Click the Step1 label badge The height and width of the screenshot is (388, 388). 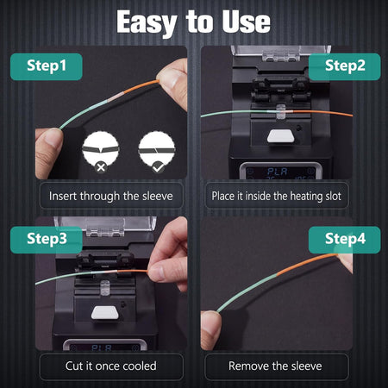tap(47, 66)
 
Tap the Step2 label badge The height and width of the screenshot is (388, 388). tap(345, 66)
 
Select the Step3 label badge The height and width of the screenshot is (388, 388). tap(47, 240)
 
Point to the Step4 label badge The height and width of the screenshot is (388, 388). tap(345, 240)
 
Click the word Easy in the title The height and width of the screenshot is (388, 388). tap(147, 23)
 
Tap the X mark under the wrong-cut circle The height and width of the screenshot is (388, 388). tap(101, 167)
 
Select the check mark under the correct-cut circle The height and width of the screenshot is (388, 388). tap(158, 167)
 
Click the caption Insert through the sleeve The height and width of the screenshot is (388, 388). tap(111, 196)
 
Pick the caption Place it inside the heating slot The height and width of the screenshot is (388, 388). tap(277, 196)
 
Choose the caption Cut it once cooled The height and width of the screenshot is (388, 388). tap(111, 366)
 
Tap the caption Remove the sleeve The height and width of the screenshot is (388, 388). tap(275, 366)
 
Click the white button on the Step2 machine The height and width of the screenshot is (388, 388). tap(281, 136)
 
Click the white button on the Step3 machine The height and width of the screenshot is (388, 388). tap(105, 313)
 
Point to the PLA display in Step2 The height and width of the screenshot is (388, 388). tap(278, 172)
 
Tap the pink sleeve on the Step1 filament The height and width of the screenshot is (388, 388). tap(115, 97)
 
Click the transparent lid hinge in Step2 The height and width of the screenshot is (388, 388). tap(281, 56)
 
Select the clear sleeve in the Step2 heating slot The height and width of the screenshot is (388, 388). tap(281, 112)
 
